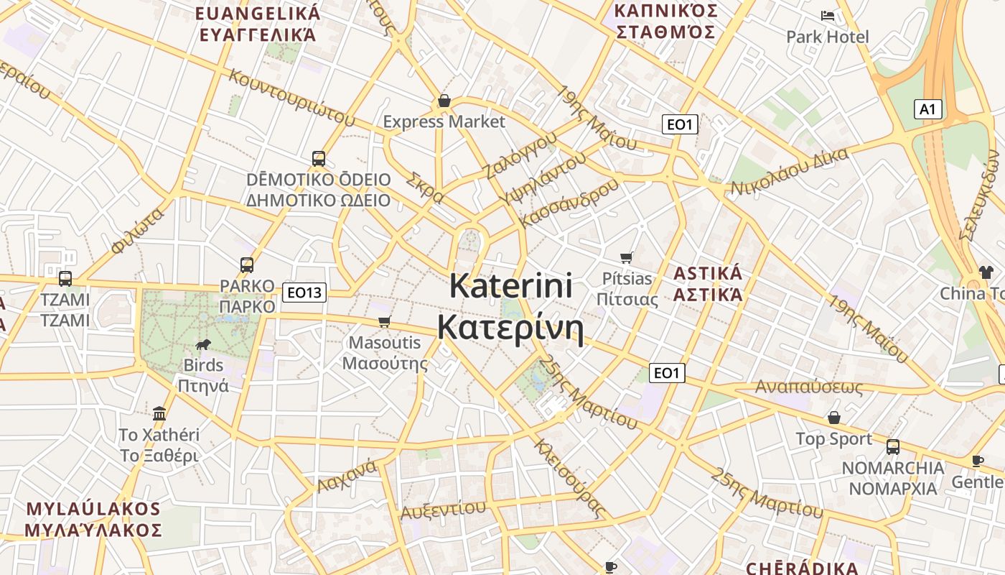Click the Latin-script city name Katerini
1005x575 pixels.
[x=511, y=286]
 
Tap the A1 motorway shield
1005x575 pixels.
[x=927, y=109]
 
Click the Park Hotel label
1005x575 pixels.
[x=827, y=37]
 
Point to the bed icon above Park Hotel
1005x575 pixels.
[x=828, y=15]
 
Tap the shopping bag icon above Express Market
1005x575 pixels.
[x=444, y=101]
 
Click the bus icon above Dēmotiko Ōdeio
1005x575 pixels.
[x=318, y=158]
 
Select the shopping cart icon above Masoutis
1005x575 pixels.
[x=385, y=321]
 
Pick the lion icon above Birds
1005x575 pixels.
[x=203, y=344]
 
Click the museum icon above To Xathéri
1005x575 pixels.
[x=159, y=413]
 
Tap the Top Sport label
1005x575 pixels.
[x=833, y=439]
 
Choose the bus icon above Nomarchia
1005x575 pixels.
[x=892, y=446]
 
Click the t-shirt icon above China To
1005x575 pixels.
[x=986, y=272]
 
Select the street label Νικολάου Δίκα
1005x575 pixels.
[x=790, y=172]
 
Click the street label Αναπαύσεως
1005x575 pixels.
[x=808, y=387]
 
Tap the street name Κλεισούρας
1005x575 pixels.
[x=568, y=478]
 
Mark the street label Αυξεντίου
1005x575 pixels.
[x=443, y=510]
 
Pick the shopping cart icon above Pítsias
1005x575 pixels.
[x=627, y=257]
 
